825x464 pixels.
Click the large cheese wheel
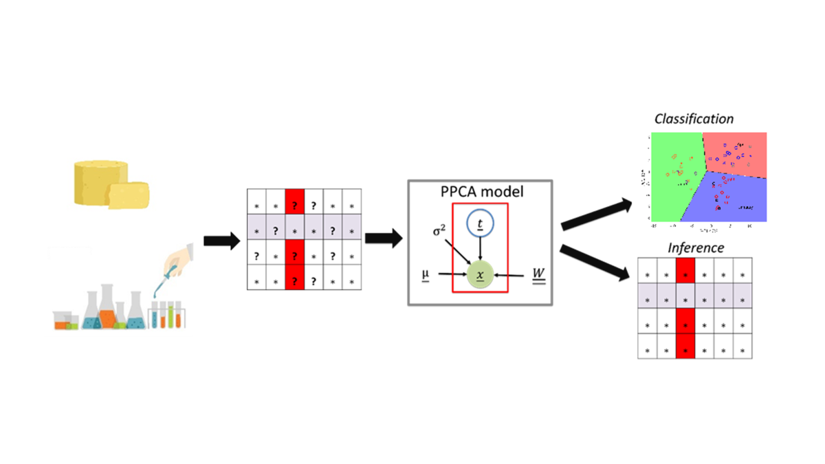pos(100,181)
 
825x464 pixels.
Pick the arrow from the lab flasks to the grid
pos(221,241)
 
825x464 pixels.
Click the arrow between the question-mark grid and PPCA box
pos(383,239)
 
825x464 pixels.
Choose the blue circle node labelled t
pos(480,223)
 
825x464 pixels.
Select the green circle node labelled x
pos(480,276)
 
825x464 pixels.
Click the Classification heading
pos(694,119)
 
